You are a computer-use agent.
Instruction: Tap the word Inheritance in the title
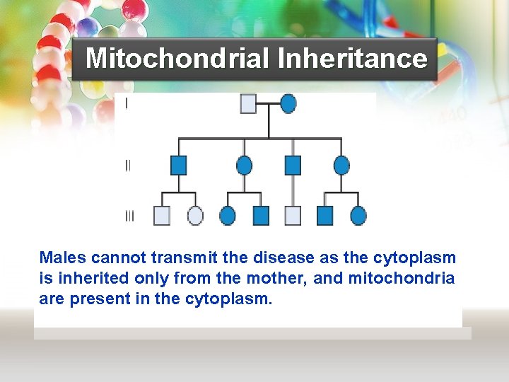[x=352, y=58]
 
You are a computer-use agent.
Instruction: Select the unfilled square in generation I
[x=249, y=104]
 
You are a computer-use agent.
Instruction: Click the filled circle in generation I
[x=288, y=104]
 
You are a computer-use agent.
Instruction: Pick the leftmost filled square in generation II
[x=179, y=166]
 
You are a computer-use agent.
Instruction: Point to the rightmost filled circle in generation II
[x=341, y=166]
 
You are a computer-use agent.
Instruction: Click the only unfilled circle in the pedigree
[x=195, y=216]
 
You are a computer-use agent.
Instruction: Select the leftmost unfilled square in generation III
[x=162, y=216]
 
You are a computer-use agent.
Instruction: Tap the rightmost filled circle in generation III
[x=358, y=216]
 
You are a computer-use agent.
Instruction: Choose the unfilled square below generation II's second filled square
[x=293, y=216]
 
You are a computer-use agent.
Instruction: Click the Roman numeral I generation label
[x=127, y=104]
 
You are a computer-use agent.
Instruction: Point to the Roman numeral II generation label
[x=128, y=166]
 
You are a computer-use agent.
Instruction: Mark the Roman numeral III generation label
[x=129, y=216]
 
